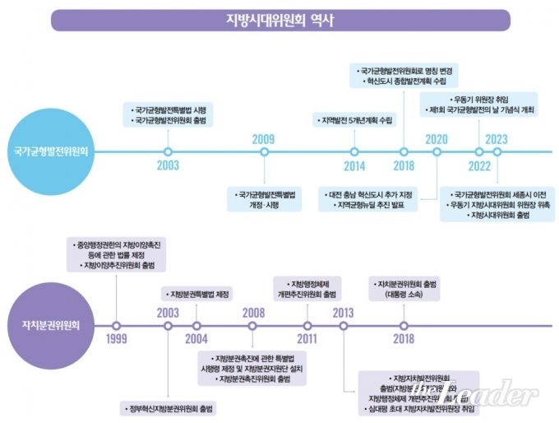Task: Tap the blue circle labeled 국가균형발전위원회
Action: [54, 151]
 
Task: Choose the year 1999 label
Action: [116, 339]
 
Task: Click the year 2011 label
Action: [307, 339]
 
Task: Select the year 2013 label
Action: [344, 312]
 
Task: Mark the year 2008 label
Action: [254, 312]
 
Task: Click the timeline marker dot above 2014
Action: [354, 152]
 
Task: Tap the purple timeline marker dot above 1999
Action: [116, 325]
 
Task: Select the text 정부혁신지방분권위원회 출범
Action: [170, 408]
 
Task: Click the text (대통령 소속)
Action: [404, 294]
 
